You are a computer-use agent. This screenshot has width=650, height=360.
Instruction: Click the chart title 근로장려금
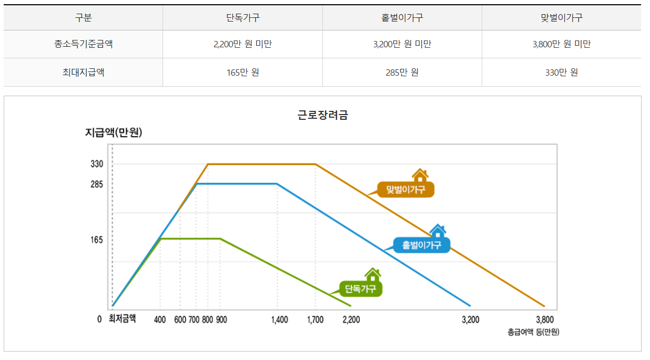(323, 116)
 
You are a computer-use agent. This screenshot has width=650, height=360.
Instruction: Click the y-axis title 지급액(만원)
(114, 133)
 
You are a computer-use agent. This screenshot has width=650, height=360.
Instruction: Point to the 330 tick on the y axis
(97, 164)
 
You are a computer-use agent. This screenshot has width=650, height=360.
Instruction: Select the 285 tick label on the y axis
(97, 184)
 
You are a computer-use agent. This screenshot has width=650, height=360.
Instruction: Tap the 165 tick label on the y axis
(97, 240)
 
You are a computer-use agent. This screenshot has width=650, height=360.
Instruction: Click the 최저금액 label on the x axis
(122, 318)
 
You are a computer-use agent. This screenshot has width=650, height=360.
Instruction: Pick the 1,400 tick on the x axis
(279, 320)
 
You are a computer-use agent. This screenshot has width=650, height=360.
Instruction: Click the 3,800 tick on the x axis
(545, 320)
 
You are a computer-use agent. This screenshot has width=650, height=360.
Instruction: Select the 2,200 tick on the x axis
(351, 320)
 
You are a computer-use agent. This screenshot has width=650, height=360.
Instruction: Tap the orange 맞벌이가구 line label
(405, 190)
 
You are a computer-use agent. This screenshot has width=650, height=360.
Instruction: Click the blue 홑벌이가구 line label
(422, 245)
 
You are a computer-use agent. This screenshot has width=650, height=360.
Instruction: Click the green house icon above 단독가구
(372, 274)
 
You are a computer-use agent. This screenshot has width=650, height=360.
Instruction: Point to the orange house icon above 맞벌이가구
(420, 176)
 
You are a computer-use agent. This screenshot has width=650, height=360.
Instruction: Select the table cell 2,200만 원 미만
(242, 45)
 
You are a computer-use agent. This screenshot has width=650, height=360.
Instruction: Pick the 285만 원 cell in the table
(402, 73)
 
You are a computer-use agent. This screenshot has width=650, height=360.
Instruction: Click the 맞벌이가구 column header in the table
(561, 17)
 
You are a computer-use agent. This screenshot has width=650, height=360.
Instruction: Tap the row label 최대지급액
(83, 73)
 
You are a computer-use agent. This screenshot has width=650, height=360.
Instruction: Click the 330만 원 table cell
(561, 73)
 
